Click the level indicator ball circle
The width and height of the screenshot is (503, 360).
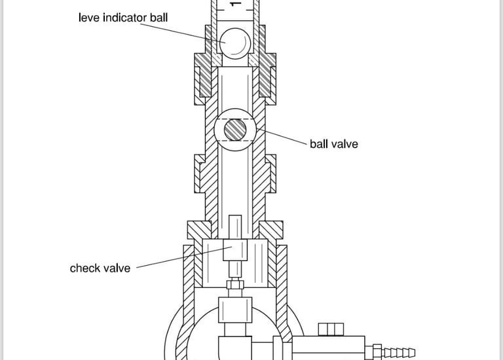234,42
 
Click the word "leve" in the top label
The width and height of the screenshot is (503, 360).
90,17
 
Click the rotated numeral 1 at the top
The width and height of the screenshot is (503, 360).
236,4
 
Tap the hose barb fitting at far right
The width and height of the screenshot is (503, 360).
395,352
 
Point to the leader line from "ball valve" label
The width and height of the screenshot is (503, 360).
283,137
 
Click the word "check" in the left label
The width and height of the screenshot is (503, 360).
85,268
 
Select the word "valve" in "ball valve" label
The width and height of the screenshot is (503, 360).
345,144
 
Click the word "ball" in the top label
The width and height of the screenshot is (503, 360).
159,17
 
